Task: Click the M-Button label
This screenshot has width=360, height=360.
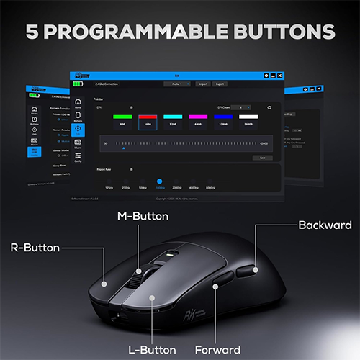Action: (143, 215)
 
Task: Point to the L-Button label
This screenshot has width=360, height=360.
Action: (152, 351)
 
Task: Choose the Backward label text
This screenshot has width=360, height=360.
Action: (325, 225)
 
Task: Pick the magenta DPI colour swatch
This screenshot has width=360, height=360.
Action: (197, 115)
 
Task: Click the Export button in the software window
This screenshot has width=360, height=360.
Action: (220, 84)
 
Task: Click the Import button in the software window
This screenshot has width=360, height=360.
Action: (203, 84)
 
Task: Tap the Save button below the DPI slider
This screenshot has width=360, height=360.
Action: (263, 158)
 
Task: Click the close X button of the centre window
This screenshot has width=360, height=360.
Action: (280, 75)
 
